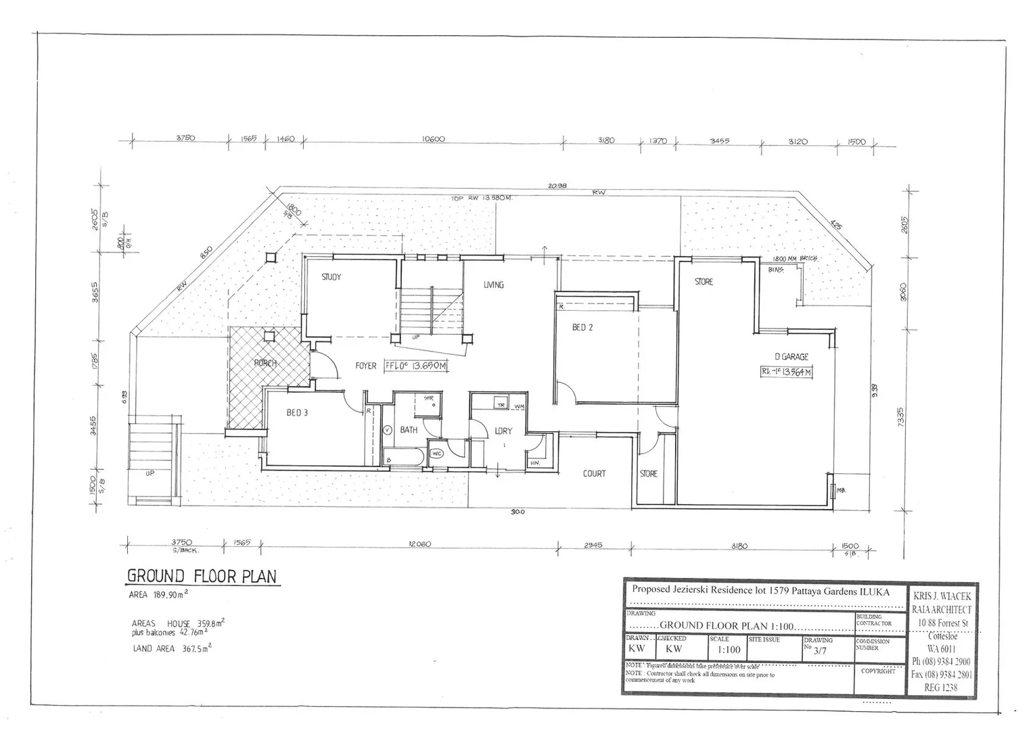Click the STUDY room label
pyautogui.click(x=331, y=277)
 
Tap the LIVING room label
pyautogui.click(x=494, y=285)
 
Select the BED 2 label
pyautogui.click(x=582, y=328)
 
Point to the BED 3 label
pyautogui.click(x=297, y=412)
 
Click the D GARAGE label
pyautogui.click(x=791, y=357)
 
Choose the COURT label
pyautogui.click(x=594, y=474)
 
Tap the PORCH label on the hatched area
pyautogui.click(x=265, y=363)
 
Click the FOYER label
pyautogui.click(x=366, y=366)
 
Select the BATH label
pyautogui.click(x=409, y=430)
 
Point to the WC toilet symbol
pyautogui.click(x=436, y=454)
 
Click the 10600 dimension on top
pyautogui.click(x=434, y=140)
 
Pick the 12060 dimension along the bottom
pyautogui.click(x=419, y=545)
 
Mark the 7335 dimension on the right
pyautogui.click(x=900, y=421)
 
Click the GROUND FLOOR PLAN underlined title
pyautogui.click(x=202, y=577)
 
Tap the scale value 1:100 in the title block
pyautogui.click(x=729, y=650)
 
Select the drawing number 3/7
pyautogui.click(x=820, y=652)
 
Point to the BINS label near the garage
pyautogui.click(x=776, y=270)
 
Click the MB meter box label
pyautogui.click(x=841, y=490)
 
